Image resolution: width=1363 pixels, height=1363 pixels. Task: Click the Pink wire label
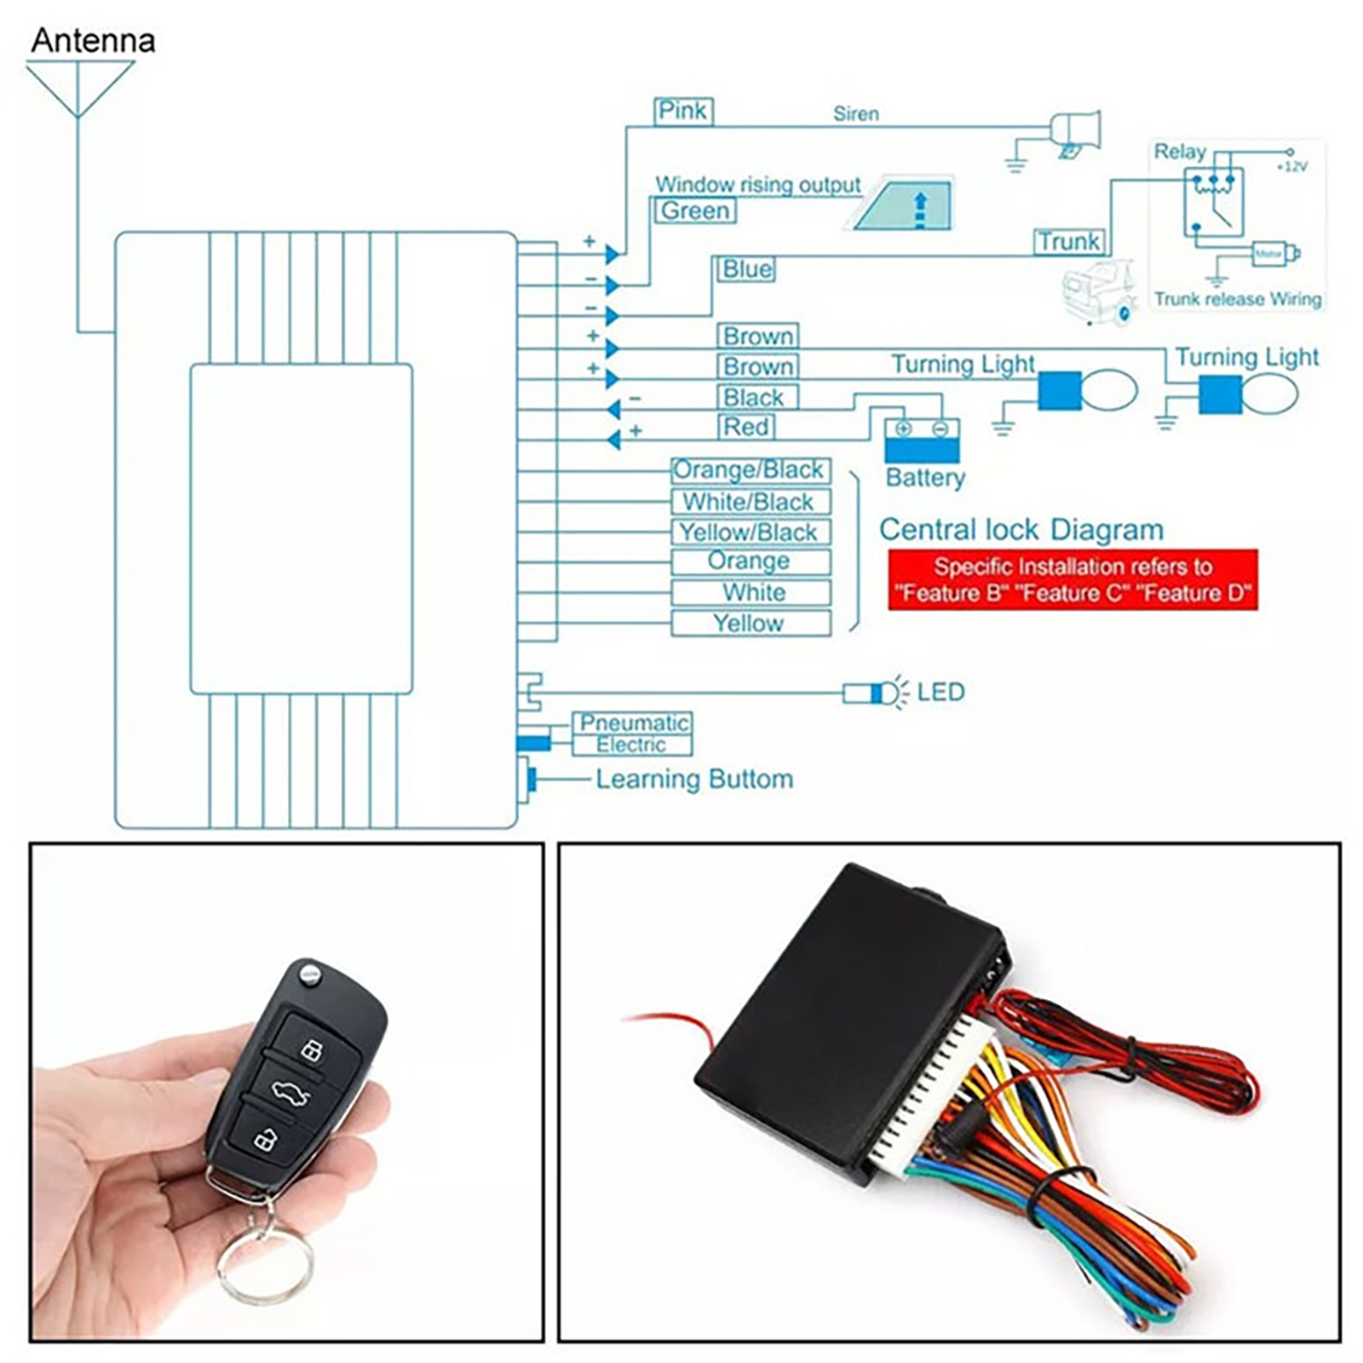683,112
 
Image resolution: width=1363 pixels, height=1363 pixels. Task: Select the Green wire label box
695,211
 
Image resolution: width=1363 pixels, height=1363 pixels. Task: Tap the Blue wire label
746,269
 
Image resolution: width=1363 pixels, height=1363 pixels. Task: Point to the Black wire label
753,398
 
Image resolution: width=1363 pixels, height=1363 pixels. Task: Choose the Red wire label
746,427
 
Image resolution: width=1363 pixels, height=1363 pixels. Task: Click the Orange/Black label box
750,470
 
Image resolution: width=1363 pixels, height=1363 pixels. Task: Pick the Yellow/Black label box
750,532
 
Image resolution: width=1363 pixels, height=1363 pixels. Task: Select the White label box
750,593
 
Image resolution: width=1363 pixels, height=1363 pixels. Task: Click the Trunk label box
1069,242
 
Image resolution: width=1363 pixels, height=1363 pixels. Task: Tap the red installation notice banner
1073,580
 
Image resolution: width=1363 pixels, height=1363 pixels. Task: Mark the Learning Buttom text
694,779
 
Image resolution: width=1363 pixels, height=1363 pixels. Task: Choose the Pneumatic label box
633,723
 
